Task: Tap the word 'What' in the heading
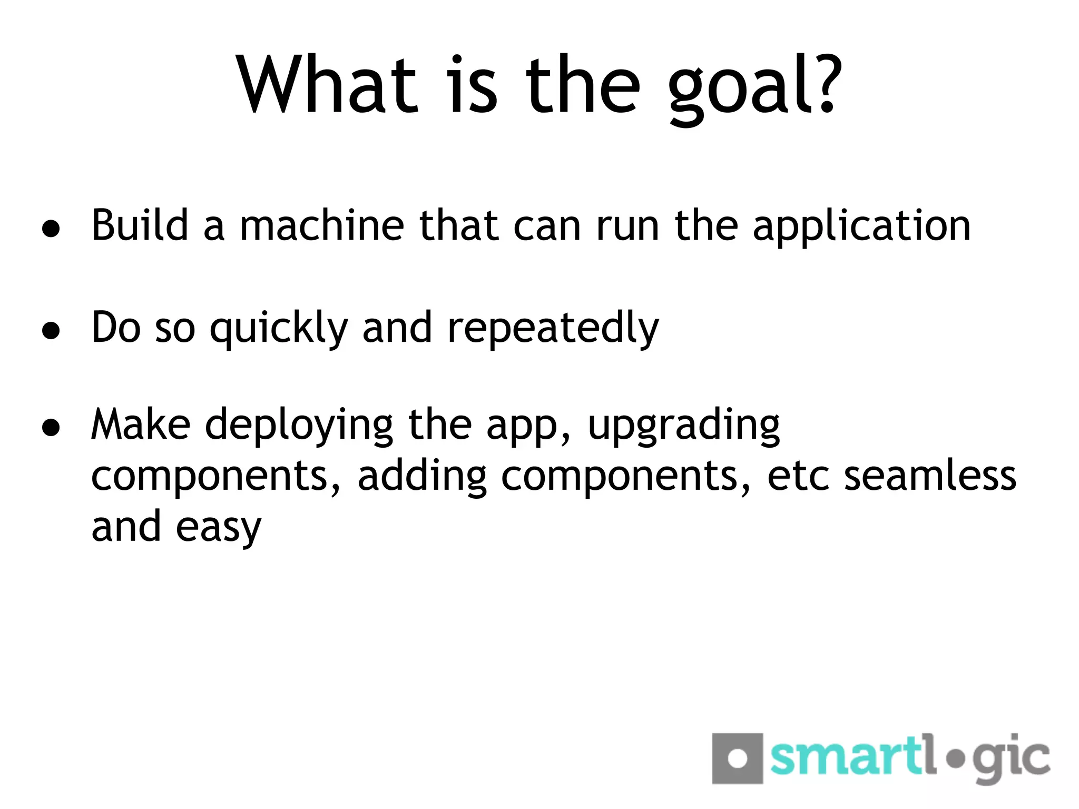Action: coord(327,84)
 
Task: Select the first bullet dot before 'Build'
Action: coord(51,229)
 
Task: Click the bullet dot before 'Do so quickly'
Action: coord(51,331)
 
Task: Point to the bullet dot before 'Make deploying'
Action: coord(51,428)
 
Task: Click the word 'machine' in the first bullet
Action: coord(321,225)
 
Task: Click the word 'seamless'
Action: coord(930,476)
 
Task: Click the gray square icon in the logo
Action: coord(737,758)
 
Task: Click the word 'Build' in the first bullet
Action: coord(140,225)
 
